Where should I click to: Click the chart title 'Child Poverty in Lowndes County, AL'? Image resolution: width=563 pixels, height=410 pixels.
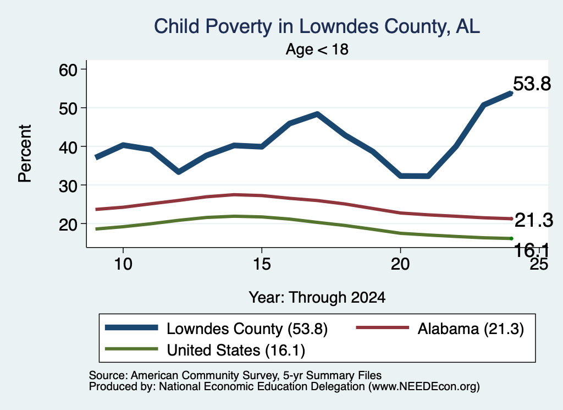coord(317,26)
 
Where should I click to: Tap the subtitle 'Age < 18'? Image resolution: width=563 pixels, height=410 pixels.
coord(317,49)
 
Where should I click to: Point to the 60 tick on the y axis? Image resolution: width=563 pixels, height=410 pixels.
coord(68,70)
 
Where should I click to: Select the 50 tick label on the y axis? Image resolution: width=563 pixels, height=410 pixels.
coord(68,108)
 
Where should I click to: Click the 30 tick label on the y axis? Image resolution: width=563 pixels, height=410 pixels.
coord(68,185)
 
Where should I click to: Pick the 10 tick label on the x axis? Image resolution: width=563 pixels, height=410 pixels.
coord(123,264)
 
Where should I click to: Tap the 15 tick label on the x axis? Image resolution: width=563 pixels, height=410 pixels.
coord(262,264)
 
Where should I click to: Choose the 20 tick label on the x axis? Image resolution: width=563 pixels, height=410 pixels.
coord(400,264)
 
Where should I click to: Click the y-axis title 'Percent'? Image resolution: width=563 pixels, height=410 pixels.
coord(25,154)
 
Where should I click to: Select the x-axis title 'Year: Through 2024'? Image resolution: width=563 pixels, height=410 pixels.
coord(317,298)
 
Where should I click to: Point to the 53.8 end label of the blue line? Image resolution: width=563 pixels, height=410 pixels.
coord(532,84)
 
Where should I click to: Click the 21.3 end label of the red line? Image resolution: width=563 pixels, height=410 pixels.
coord(534,220)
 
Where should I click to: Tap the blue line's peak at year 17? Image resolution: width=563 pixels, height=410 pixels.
coord(317,114)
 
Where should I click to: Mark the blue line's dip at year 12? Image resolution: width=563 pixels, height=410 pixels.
coord(179,172)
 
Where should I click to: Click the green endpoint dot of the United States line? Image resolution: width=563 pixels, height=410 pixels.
coord(511,239)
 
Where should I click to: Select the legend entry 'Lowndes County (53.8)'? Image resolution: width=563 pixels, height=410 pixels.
coord(216,329)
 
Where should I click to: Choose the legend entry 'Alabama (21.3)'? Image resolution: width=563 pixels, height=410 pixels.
coord(440,329)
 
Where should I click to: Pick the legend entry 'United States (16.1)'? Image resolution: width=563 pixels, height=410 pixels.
coord(205,349)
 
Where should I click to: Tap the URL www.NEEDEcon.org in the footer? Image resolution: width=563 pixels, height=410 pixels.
coord(424,386)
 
